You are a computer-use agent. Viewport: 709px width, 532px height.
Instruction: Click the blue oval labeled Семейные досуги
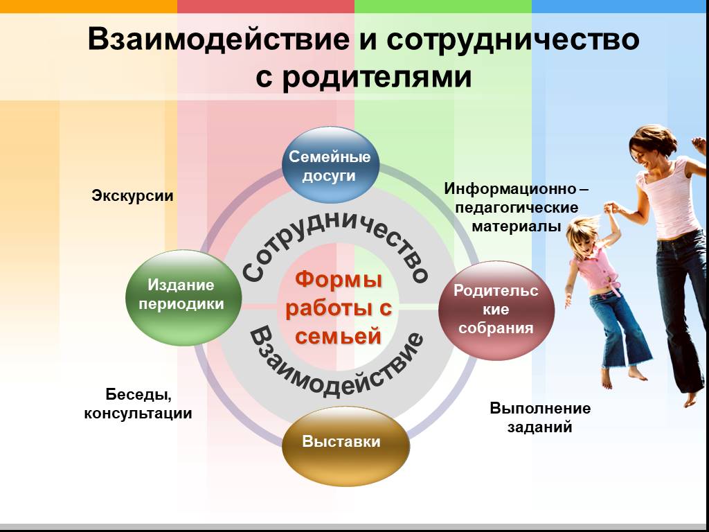click(x=330, y=165)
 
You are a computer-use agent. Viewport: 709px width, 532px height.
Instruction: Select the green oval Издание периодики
click(x=183, y=298)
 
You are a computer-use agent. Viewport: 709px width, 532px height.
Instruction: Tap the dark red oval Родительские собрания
click(x=496, y=310)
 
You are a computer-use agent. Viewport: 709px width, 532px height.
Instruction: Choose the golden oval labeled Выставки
click(x=345, y=445)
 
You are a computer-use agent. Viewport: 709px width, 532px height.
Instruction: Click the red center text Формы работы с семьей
click(x=338, y=308)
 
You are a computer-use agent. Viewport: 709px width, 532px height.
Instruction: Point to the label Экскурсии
click(x=132, y=196)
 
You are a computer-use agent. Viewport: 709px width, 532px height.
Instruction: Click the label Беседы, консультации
click(x=138, y=404)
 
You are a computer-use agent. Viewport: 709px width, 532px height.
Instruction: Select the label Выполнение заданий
click(x=540, y=417)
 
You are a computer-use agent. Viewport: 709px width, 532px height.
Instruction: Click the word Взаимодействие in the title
click(x=218, y=39)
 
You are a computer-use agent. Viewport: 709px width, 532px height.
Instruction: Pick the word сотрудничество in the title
click(x=513, y=39)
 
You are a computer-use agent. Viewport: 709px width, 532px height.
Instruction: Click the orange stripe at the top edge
click(x=89, y=6)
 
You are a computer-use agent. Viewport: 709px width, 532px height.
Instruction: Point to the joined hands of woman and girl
click(x=611, y=208)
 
